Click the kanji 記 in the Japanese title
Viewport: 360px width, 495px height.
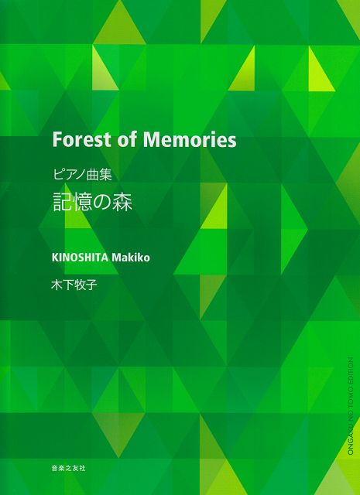(x=63, y=203)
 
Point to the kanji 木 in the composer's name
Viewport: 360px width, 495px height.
(x=57, y=284)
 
